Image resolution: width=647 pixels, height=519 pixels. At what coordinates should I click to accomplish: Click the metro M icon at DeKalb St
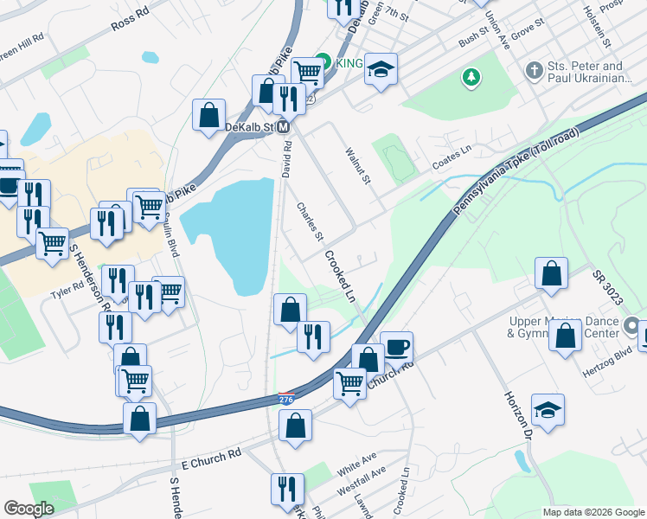tap(283, 127)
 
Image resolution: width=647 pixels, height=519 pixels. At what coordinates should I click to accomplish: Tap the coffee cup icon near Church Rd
tap(396, 347)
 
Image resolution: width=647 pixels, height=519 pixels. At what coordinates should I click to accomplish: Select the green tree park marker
tap(471, 78)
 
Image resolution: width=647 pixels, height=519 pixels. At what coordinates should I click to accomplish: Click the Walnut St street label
tap(358, 166)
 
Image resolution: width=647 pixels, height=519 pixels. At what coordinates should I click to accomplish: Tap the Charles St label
tap(310, 221)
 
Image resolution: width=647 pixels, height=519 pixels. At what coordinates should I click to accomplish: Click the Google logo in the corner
tap(29, 509)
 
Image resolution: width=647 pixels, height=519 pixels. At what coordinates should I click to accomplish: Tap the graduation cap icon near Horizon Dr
tap(548, 409)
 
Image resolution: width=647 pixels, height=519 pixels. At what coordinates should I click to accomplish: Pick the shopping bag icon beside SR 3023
tap(551, 273)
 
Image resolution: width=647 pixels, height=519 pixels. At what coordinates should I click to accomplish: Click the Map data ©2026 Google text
tap(593, 512)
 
